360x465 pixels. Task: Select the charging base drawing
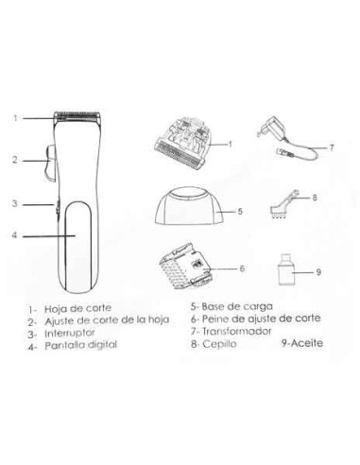(186, 206)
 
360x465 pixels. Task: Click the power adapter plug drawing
(287, 140)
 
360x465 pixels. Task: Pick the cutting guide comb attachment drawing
(186, 267)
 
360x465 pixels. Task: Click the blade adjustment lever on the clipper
(50, 164)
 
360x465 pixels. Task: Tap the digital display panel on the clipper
(78, 246)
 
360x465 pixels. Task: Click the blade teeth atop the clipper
(77, 115)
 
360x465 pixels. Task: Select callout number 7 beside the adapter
(331, 147)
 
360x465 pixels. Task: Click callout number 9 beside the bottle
(318, 272)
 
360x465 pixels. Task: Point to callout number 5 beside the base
(240, 211)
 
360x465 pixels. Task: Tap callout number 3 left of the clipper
(15, 203)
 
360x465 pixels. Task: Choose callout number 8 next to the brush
(315, 198)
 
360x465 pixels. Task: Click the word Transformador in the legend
(236, 332)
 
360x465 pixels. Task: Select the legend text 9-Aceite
(302, 343)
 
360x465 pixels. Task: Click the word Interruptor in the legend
(70, 333)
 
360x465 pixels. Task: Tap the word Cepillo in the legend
(219, 344)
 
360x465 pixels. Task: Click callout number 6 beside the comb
(242, 268)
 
